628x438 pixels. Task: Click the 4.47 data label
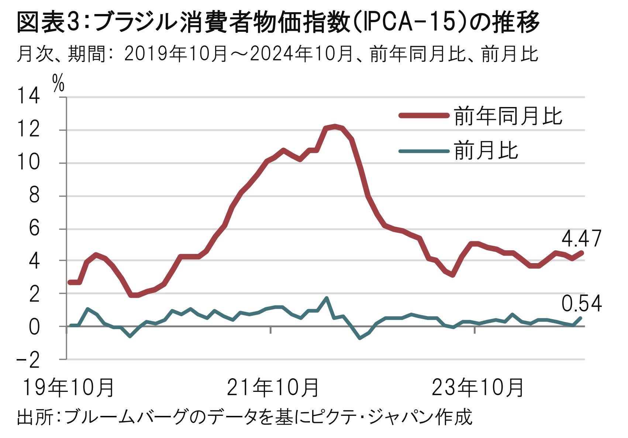[x=581, y=239]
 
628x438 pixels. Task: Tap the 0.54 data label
[x=581, y=304]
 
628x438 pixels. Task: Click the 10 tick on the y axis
[x=29, y=163]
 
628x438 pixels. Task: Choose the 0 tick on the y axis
[x=34, y=327]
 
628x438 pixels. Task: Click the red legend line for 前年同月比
[x=424, y=115]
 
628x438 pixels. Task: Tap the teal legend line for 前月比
[x=424, y=151]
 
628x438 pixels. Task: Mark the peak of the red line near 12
[x=335, y=126]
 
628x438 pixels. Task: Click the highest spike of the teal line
[x=326, y=298]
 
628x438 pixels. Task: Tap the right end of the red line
[x=582, y=252]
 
